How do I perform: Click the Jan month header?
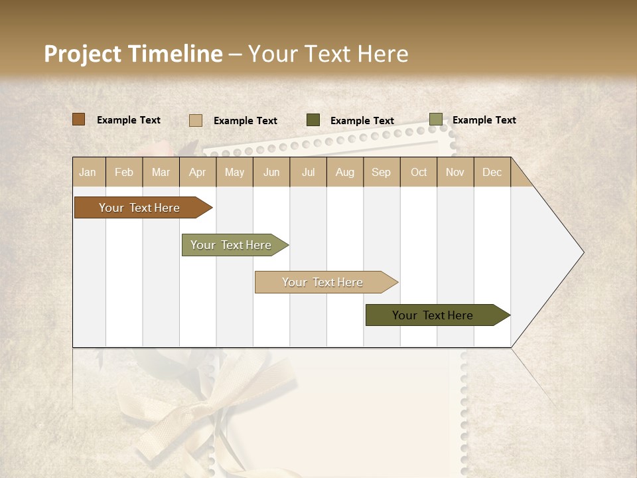[x=88, y=172]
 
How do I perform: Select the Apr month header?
[x=197, y=172]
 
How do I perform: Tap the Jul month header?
[x=308, y=172]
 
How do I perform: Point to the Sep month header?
[x=381, y=172]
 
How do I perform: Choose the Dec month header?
[x=492, y=172]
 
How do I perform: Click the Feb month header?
[x=124, y=172]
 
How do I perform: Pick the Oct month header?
[x=419, y=172]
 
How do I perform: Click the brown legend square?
[x=78, y=119]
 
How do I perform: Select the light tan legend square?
[x=195, y=120]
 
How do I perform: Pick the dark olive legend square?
[x=313, y=120]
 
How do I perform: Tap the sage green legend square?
[x=435, y=119]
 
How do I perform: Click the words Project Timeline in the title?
[x=133, y=54]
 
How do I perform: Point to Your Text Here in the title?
[x=328, y=54]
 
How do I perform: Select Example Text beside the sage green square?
[x=484, y=120]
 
